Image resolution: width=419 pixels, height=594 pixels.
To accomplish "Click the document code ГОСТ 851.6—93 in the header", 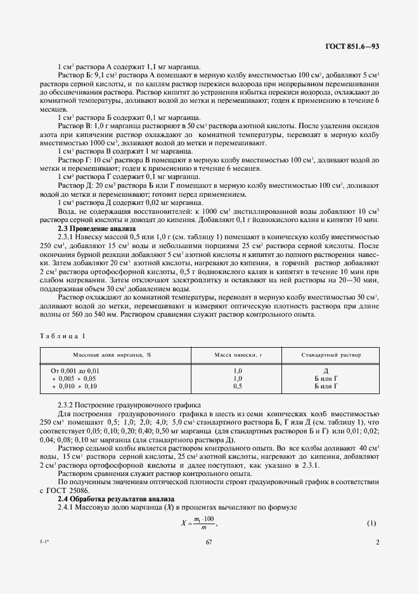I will (352, 46).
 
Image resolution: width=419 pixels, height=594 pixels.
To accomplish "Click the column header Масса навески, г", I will (238, 355).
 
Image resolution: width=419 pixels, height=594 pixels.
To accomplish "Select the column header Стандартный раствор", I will (332, 355).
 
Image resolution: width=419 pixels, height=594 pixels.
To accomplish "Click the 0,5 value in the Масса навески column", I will (238, 385).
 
